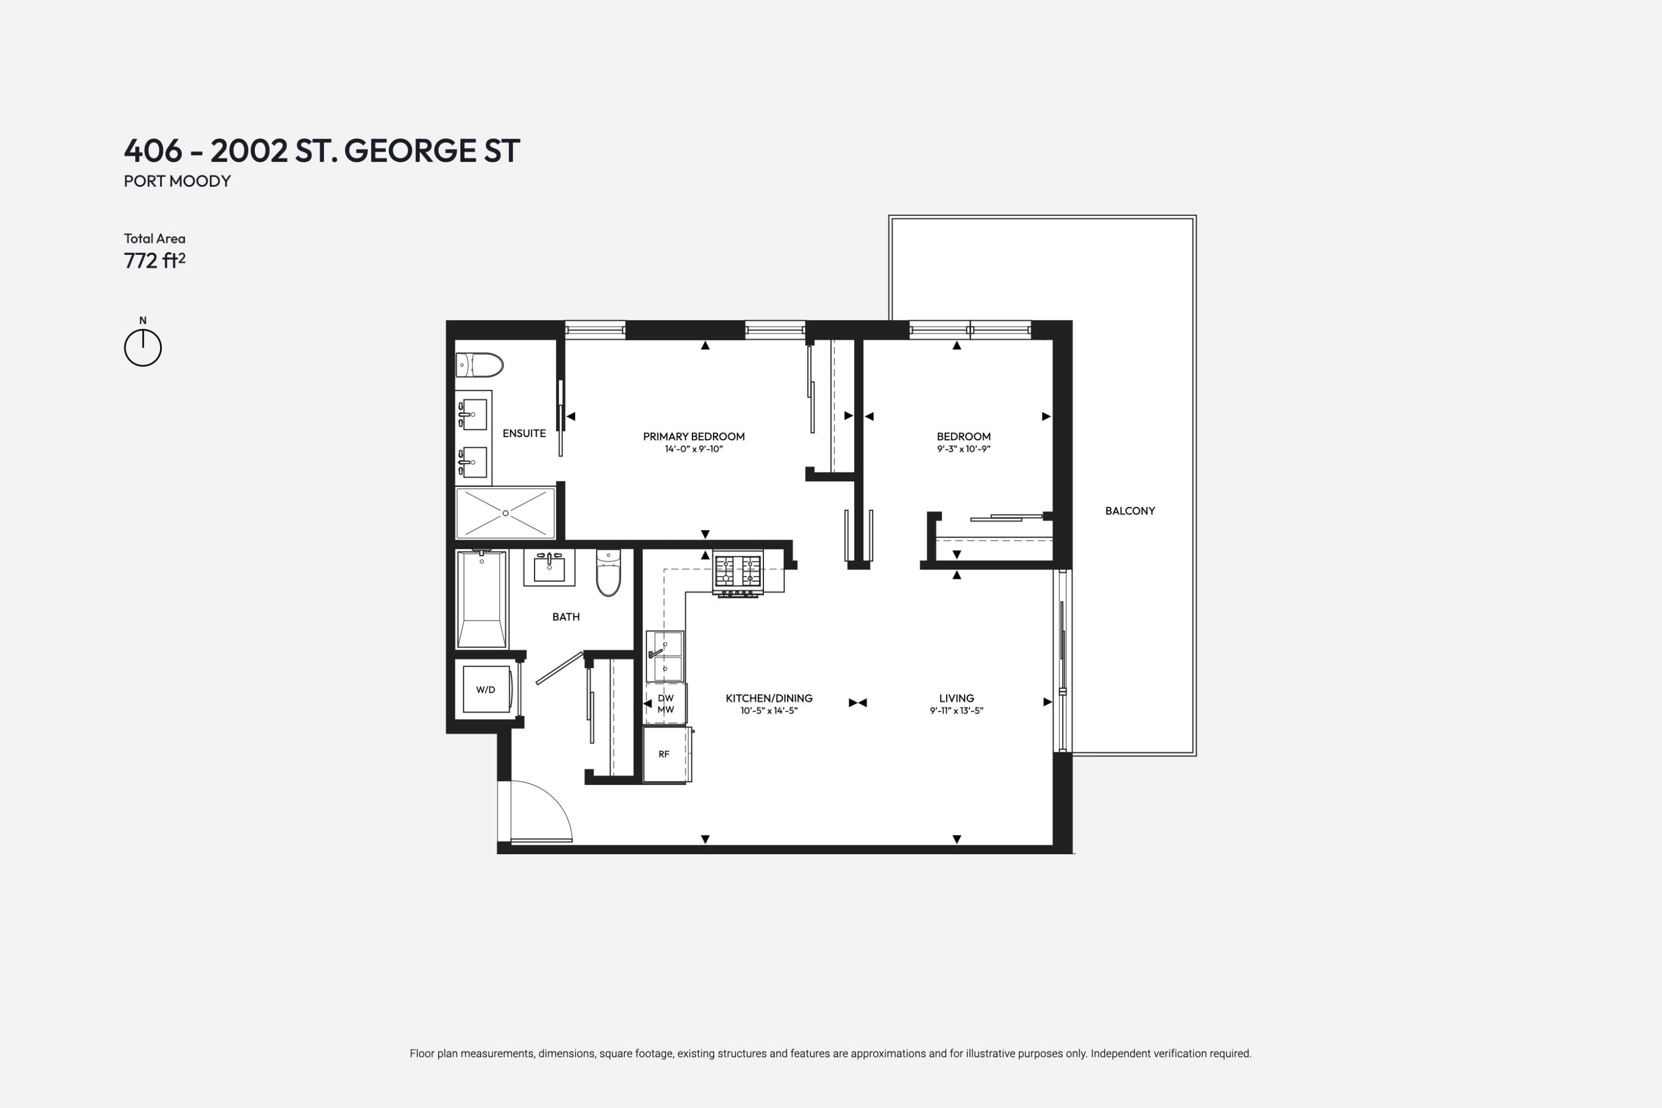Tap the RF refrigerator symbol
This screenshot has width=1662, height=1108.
[x=664, y=754]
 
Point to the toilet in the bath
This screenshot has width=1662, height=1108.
[x=608, y=573]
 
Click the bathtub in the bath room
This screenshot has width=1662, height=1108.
[x=481, y=599]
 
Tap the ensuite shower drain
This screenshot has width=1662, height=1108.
[x=505, y=513]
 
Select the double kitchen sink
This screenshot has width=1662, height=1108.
[x=665, y=656]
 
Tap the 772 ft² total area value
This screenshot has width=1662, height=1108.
[x=154, y=261]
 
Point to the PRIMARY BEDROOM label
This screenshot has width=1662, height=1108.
[x=693, y=437]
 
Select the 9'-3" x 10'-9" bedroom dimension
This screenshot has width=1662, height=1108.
[x=963, y=449]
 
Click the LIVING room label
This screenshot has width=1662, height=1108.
[x=956, y=698]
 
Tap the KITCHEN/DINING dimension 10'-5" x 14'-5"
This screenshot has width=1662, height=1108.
[x=769, y=711]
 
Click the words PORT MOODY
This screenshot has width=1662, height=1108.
[x=177, y=181]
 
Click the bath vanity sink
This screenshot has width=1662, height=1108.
[x=549, y=567]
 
